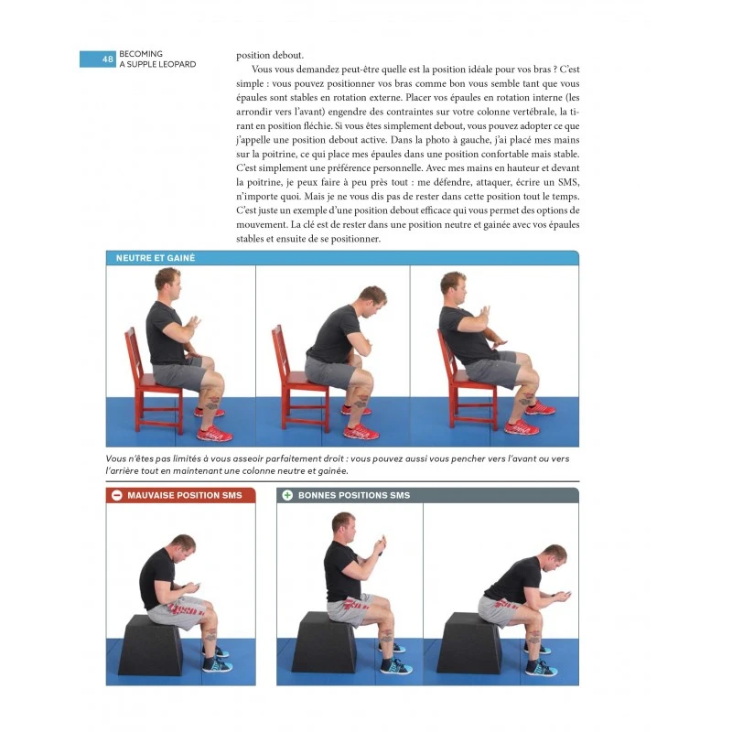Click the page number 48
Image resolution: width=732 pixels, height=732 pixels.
coord(108,59)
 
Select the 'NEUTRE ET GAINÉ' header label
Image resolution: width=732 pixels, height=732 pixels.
coord(156,258)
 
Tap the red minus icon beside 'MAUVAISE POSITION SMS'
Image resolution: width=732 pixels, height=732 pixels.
coord(116,495)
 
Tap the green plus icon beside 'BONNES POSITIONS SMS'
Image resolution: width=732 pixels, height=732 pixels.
coord(286,495)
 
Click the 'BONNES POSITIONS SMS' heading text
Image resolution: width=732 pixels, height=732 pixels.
coord(353,495)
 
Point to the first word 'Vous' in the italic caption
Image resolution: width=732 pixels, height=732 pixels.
coord(117,458)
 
